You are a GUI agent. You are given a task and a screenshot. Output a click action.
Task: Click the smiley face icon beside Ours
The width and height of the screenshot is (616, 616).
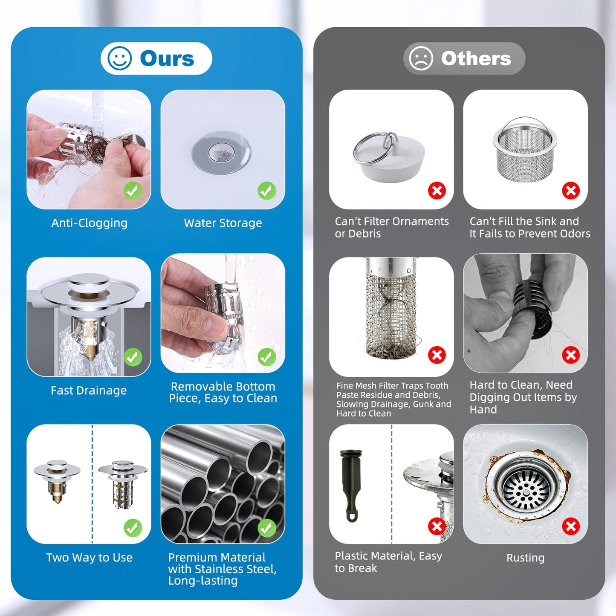point(120,58)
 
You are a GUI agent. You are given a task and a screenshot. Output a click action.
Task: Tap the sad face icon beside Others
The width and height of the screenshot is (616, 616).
point(421,58)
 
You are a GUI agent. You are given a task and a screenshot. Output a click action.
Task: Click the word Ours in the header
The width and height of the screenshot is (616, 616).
point(167,58)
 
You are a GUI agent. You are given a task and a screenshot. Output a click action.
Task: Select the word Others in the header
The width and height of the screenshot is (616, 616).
point(476,58)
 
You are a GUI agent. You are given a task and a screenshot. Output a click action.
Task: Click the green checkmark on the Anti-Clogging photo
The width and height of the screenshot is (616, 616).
point(133,191)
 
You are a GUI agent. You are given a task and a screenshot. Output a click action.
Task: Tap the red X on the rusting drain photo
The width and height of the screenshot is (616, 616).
point(571,526)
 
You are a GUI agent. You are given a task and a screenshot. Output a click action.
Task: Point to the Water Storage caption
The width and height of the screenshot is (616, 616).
point(223,223)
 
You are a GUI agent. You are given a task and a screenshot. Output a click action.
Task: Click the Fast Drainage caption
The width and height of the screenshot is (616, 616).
point(89,390)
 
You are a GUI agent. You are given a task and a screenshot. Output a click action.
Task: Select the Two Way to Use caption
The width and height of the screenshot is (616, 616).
point(89,558)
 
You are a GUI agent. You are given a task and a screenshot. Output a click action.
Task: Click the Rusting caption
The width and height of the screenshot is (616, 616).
point(525,558)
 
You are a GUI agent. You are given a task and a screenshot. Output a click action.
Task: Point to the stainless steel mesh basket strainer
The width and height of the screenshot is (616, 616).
point(525,151)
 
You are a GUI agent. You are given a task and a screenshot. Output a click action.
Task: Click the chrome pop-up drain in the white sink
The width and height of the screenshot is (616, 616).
point(221,152)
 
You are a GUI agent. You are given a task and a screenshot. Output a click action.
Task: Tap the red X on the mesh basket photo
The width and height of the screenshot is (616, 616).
point(571,191)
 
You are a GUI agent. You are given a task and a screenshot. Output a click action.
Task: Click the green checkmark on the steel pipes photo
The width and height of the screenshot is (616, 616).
point(267,528)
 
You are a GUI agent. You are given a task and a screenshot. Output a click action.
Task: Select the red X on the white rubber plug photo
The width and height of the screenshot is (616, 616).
point(437,191)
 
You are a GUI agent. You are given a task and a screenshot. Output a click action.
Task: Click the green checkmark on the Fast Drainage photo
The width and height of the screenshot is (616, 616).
point(133,357)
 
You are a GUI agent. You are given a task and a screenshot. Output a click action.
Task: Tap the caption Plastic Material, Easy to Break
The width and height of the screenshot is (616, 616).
point(388,562)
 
